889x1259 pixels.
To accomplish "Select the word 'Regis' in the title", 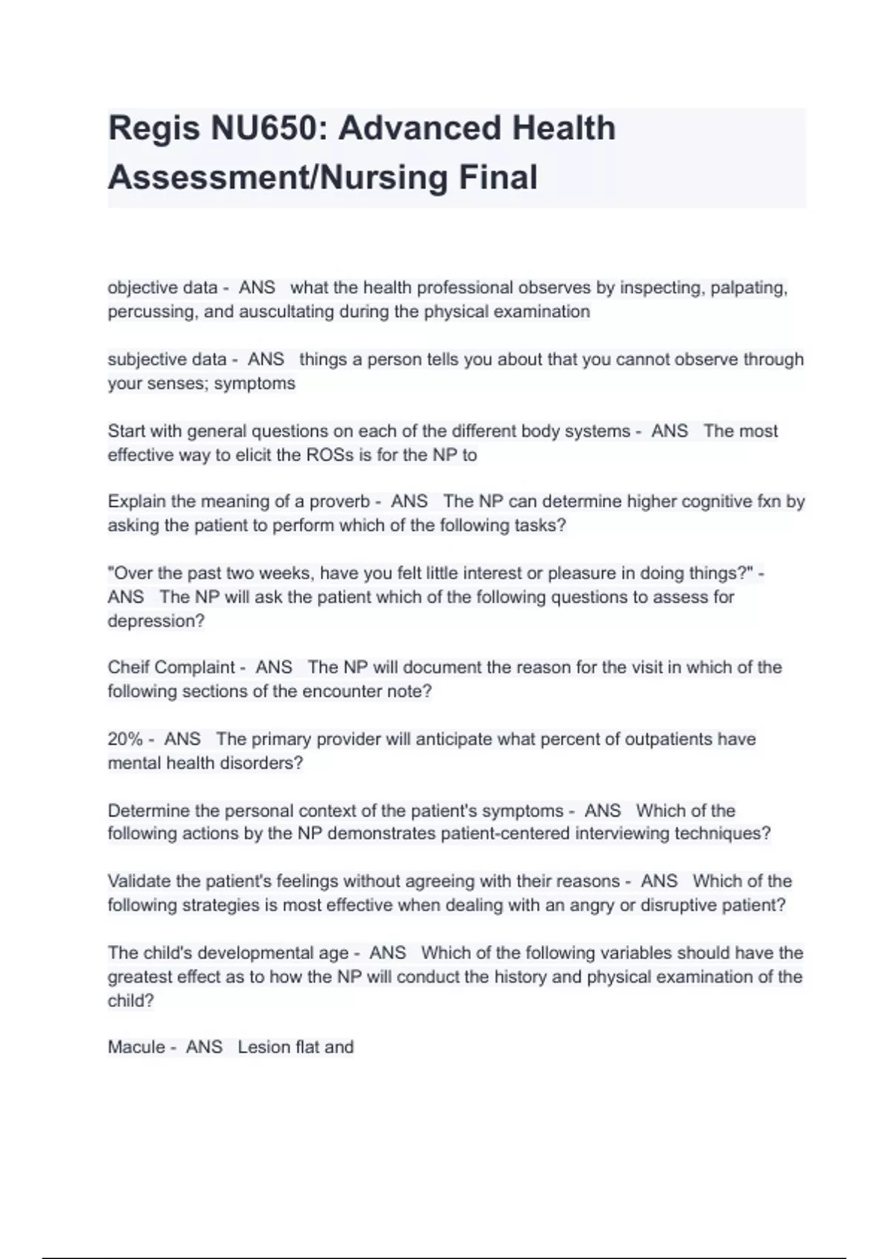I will [x=153, y=128].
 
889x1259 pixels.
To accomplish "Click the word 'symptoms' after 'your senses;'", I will [x=255, y=384].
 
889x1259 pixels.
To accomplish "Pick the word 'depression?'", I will [x=156, y=621].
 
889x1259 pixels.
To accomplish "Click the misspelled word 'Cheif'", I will [x=129, y=667].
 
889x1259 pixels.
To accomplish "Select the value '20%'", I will [x=125, y=739].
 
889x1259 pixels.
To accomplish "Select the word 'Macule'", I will [x=136, y=1047].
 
